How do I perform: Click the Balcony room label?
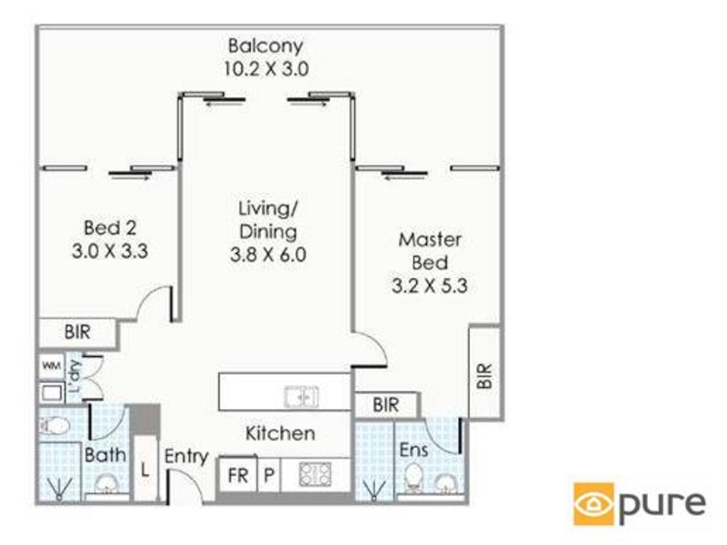click(265, 46)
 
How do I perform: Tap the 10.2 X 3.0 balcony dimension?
click(266, 69)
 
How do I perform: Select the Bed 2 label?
click(110, 228)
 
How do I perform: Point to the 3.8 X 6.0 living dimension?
click(268, 254)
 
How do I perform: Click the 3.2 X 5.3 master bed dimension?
click(429, 285)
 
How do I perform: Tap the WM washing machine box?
click(52, 366)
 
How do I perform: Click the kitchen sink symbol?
click(302, 397)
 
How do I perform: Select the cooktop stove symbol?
click(315, 474)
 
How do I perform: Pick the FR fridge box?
click(237, 475)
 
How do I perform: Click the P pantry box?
click(269, 475)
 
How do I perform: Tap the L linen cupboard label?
click(145, 471)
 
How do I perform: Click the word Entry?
click(186, 457)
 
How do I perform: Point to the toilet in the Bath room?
click(55, 425)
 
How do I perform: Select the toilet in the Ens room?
click(413, 479)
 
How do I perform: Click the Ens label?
click(413, 450)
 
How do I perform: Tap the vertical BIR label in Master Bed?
click(484, 375)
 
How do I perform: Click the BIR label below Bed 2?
click(77, 332)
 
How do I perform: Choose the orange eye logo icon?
click(594, 504)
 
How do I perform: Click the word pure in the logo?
click(663, 505)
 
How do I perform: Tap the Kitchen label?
click(280, 434)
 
